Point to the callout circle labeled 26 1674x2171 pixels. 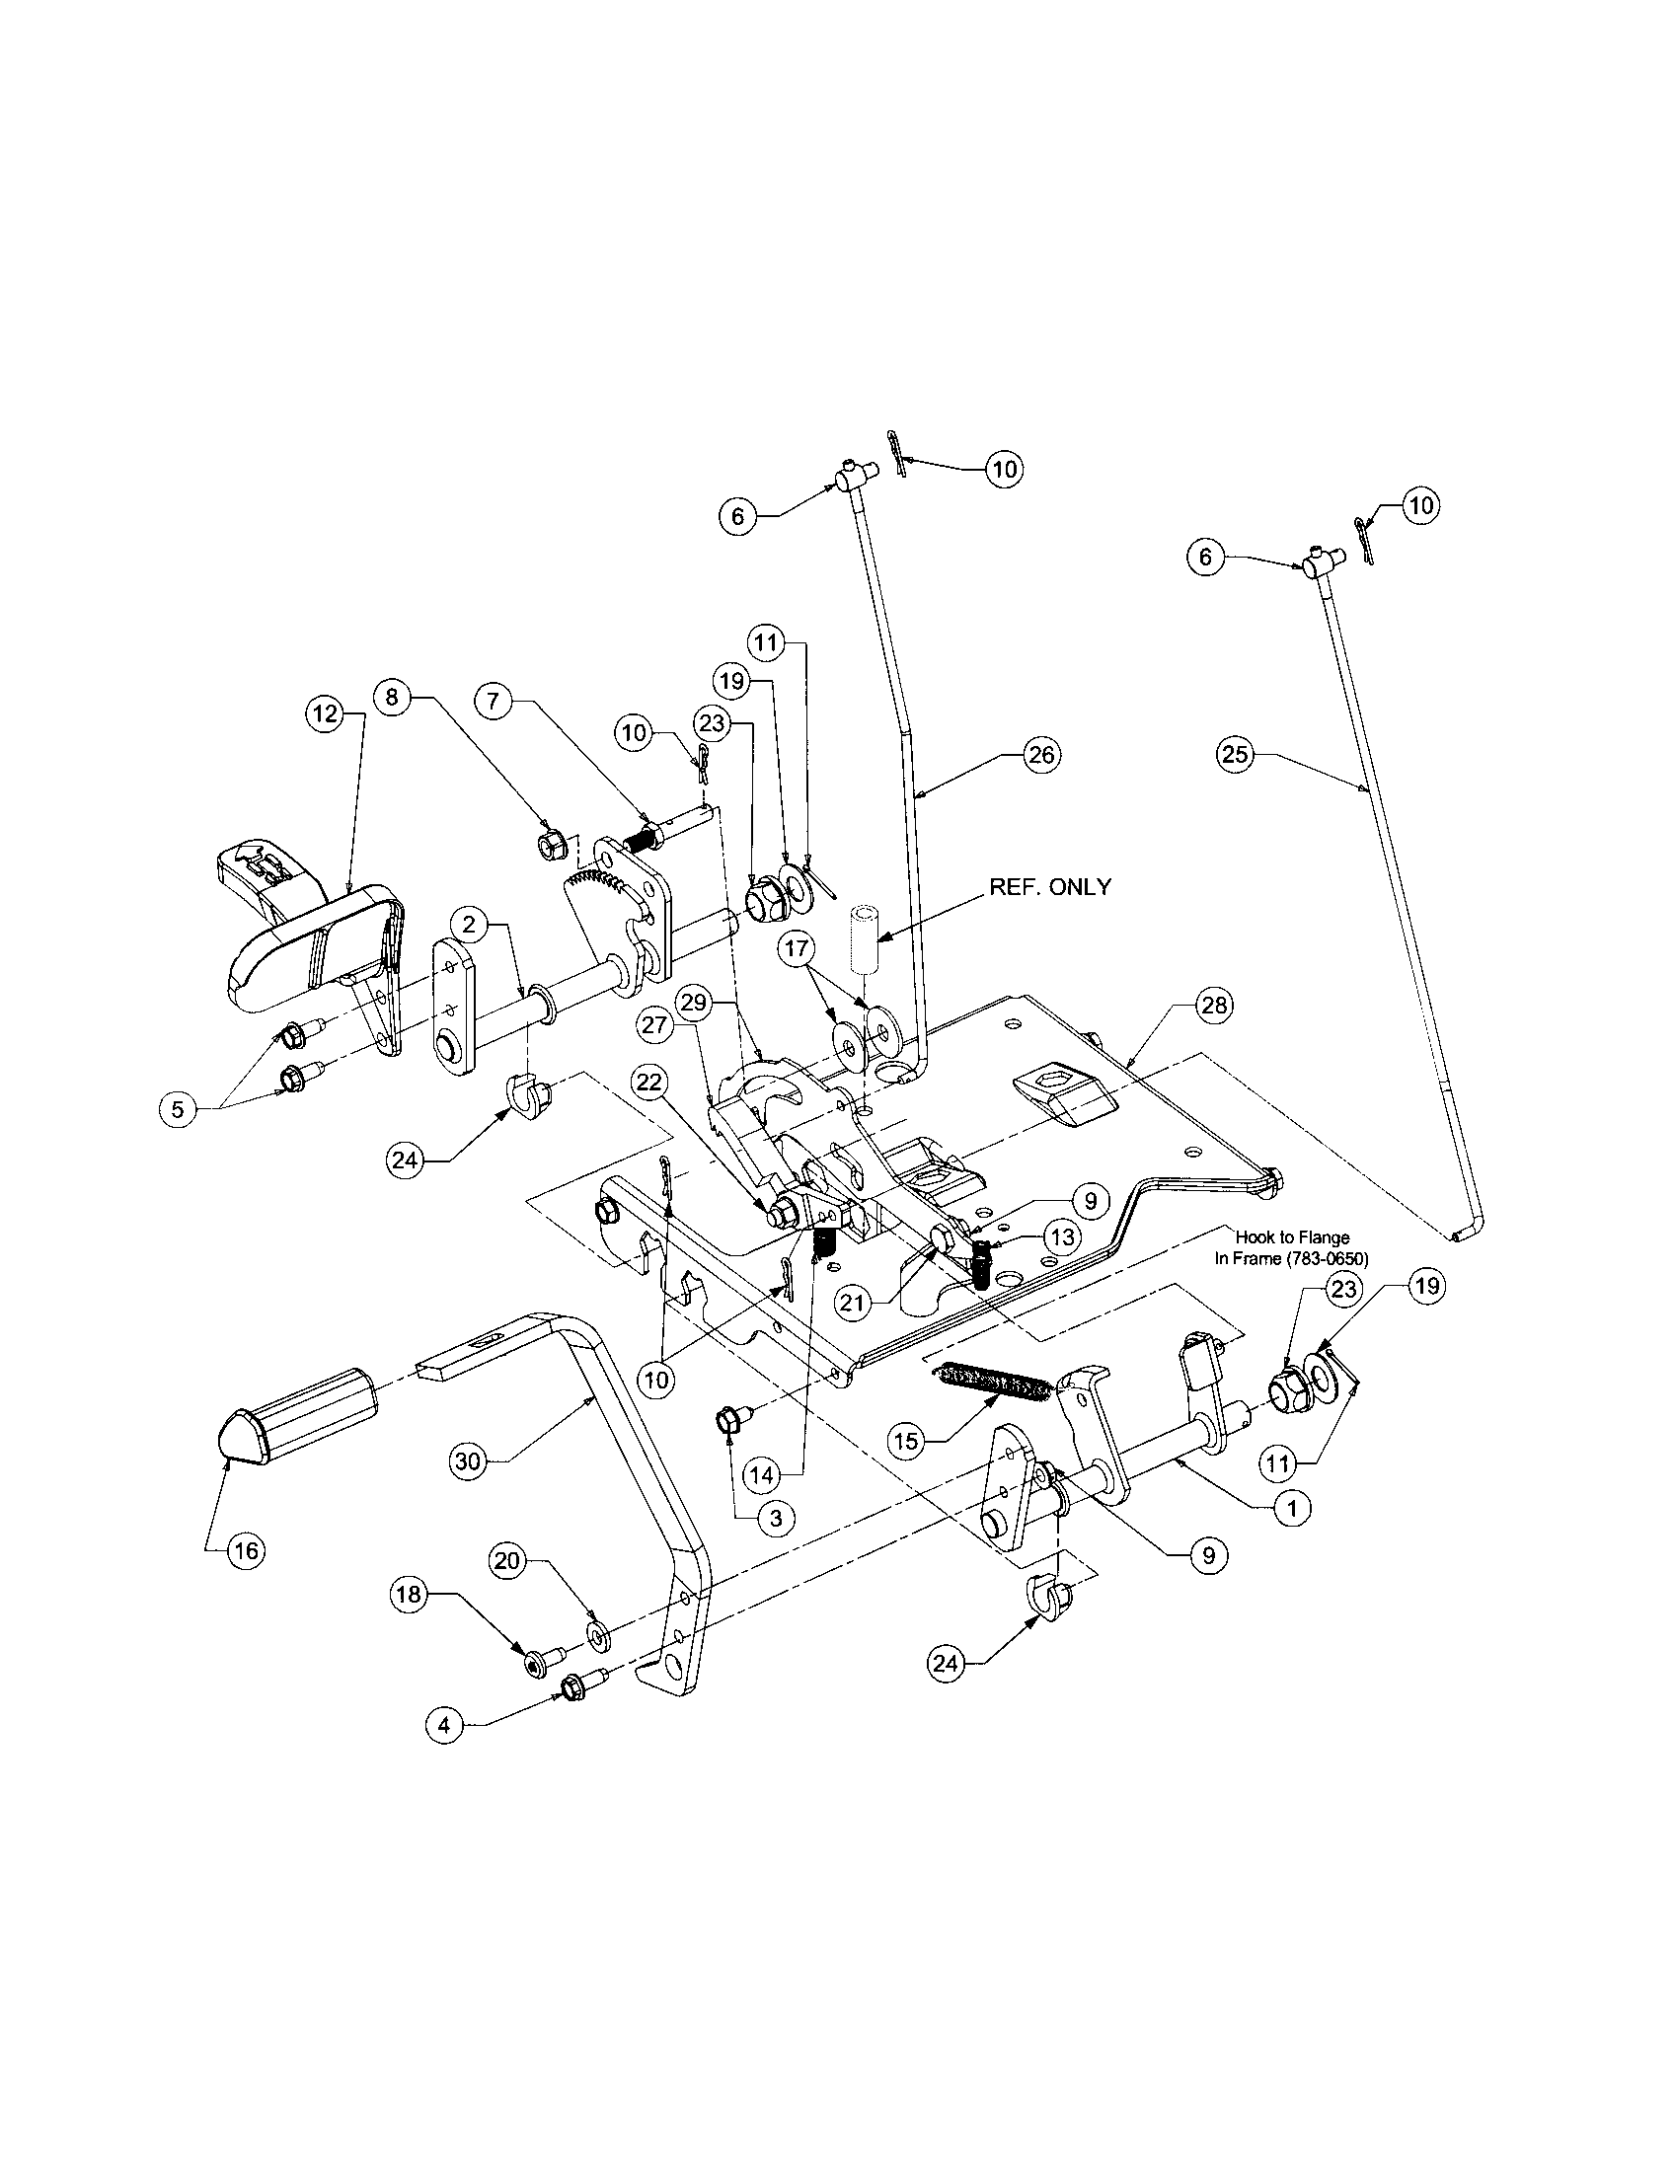tap(1040, 755)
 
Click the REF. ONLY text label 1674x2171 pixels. tap(1050, 887)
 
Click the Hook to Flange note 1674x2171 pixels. tap(1291, 1247)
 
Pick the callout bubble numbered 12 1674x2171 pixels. tap(326, 713)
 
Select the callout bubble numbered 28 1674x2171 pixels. tap(1215, 1006)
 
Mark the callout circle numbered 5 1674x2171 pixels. tap(177, 1109)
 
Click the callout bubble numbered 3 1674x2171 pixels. tap(776, 1518)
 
